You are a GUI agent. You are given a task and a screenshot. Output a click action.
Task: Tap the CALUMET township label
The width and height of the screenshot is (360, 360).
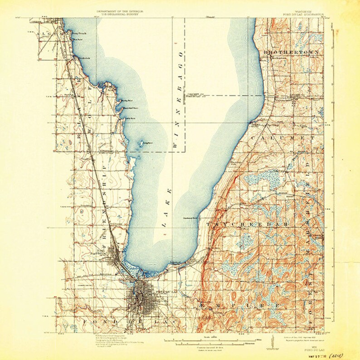click(x=288, y=137)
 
